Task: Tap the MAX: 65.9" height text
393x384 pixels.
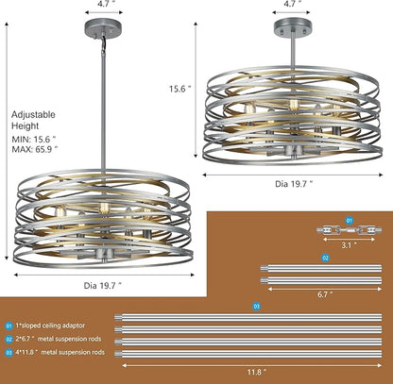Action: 35,149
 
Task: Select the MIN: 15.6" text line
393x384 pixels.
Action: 34,139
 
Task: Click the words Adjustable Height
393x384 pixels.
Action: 33,120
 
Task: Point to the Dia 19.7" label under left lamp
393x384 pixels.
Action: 103,286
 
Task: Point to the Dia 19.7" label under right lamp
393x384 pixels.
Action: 294,184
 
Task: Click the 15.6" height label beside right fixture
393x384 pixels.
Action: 180,89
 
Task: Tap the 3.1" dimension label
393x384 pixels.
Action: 350,245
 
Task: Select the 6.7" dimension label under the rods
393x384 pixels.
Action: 325,294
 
